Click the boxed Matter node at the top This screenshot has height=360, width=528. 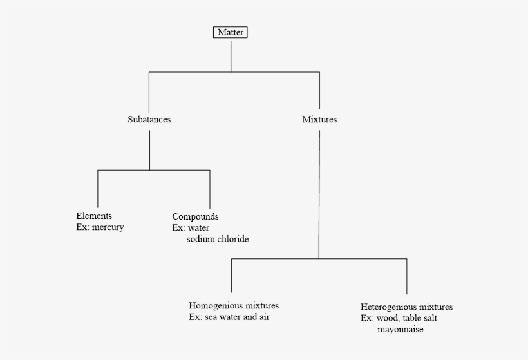pos(231,32)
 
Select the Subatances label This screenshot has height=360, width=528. pos(149,119)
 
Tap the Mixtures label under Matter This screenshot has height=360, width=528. pos(319,119)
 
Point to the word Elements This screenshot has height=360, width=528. pos(94,216)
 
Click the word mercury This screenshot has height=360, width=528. pos(108,227)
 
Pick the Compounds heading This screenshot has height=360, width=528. pos(195,216)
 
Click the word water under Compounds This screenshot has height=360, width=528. pos(199,228)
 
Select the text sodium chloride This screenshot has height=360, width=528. pos(218,239)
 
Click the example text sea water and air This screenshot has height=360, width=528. pos(237,317)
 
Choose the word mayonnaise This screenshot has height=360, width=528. pos(401,329)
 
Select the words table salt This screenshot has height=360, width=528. pos(420,318)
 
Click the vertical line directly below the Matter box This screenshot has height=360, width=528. pos(231,56)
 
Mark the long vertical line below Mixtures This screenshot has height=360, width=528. pos(319,194)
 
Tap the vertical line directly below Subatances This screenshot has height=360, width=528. pos(149,150)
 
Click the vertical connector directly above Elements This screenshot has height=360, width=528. pos(98,189)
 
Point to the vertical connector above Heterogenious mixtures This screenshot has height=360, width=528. pos(407,276)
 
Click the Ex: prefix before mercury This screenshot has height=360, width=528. pos(83,227)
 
